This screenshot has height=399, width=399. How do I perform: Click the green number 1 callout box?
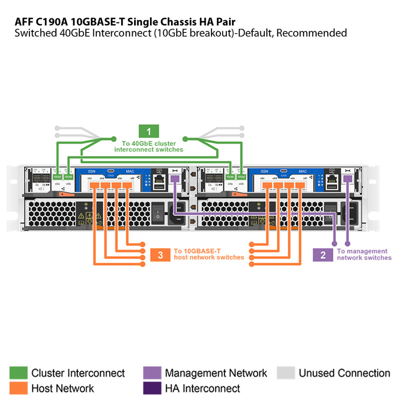click(149, 132)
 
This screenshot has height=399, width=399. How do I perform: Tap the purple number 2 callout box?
click(323, 255)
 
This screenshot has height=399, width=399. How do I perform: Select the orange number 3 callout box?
click(160, 255)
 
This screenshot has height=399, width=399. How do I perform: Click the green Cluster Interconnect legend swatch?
click(18, 373)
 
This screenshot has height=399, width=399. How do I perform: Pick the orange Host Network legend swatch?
click(18, 388)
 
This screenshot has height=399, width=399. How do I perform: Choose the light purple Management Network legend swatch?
click(152, 373)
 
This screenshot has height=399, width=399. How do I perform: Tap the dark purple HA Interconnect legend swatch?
click(152, 388)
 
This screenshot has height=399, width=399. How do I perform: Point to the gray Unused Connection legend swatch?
click(286, 373)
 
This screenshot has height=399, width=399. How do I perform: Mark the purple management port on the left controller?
click(175, 179)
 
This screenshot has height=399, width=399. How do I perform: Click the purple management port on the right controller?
click(348, 179)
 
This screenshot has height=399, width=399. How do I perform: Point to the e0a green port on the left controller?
click(58, 177)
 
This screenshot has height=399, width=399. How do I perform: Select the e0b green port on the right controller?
click(241, 177)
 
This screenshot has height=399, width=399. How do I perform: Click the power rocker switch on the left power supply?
click(158, 213)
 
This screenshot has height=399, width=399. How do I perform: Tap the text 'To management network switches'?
click(364, 255)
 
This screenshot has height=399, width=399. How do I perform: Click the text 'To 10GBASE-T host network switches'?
click(208, 254)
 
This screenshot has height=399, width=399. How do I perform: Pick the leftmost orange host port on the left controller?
click(95, 186)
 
